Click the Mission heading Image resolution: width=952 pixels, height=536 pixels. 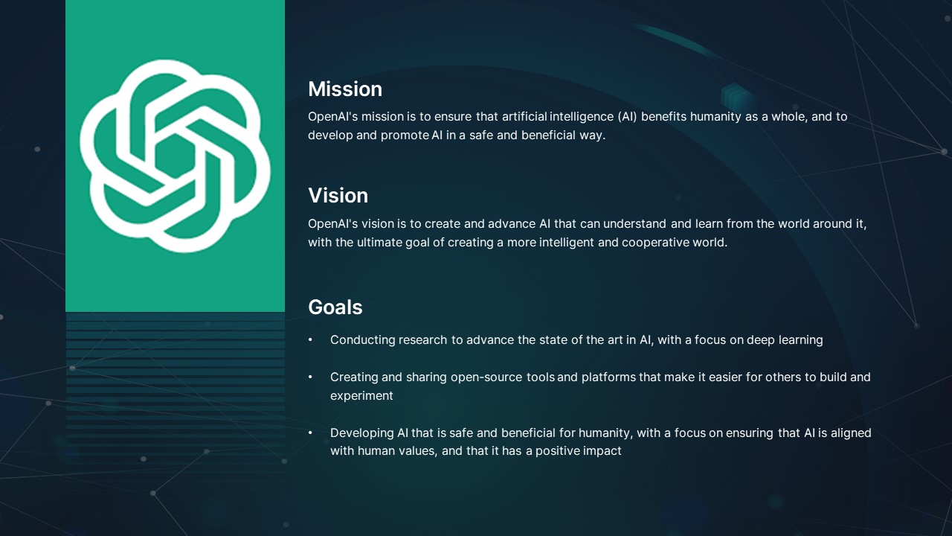click(345, 89)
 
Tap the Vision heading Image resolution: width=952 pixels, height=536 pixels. click(338, 196)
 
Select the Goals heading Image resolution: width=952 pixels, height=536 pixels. click(335, 307)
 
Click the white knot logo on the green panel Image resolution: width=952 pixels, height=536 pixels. click(175, 156)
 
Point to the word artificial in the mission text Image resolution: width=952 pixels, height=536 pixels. click(524, 117)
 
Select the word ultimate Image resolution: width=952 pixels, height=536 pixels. click(379, 243)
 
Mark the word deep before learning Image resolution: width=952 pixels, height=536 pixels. click(761, 340)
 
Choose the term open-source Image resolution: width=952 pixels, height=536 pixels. click(487, 377)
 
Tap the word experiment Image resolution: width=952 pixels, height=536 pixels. click(361, 396)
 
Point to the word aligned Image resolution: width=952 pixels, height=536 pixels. click(851, 433)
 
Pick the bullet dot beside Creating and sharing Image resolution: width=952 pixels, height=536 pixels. click(311, 377)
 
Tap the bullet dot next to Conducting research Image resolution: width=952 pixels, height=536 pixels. click(311, 340)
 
